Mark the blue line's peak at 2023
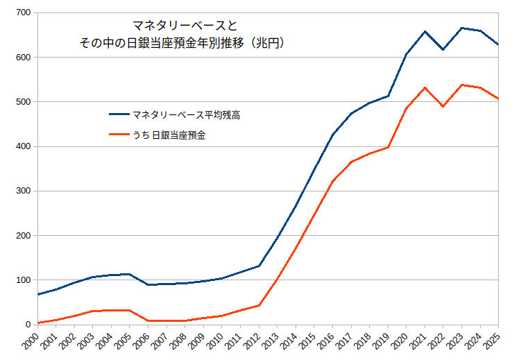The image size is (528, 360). click(461, 28)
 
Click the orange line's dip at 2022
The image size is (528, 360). click(443, 106)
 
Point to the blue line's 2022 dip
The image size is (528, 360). click(443, 49)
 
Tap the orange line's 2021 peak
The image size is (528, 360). click(425, 87)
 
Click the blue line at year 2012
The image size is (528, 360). click(259, 266)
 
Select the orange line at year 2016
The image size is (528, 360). click(332, 181)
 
